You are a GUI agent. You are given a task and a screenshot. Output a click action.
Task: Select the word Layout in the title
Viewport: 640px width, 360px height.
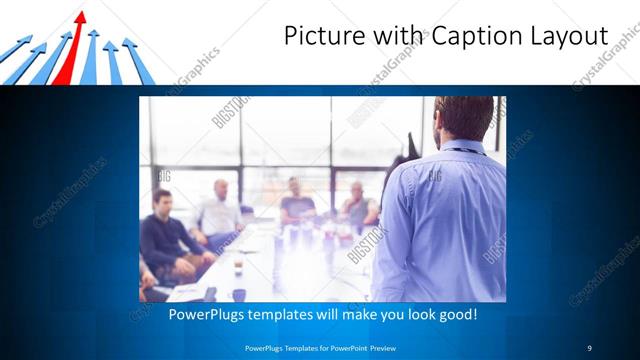click(569, 36)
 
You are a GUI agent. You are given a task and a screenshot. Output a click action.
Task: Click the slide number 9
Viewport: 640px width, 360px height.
click(589, 347)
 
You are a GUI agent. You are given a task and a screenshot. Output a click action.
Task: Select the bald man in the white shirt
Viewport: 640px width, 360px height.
click(220, 210)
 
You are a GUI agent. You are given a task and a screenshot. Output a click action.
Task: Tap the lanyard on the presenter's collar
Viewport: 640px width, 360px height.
click(462, 149)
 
